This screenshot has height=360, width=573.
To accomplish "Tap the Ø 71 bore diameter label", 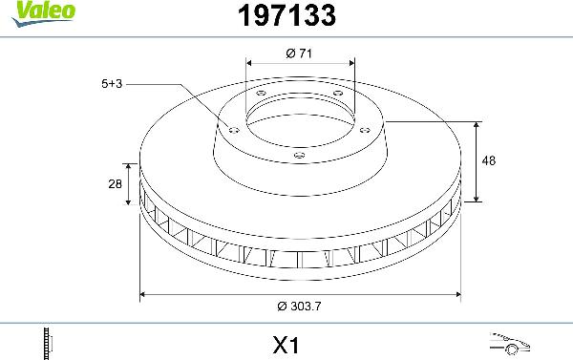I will tap(300, 53).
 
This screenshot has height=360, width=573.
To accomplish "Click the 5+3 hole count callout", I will tap(112, 84).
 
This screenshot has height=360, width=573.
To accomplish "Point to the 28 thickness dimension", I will tap(115, 185).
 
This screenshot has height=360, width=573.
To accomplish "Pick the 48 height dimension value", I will tap(489, 161).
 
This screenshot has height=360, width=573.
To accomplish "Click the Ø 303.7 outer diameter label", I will tap(303, 308).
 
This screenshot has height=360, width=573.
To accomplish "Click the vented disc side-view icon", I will tap(48, 341).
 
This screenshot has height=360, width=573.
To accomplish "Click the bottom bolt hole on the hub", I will tap(298, 156).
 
